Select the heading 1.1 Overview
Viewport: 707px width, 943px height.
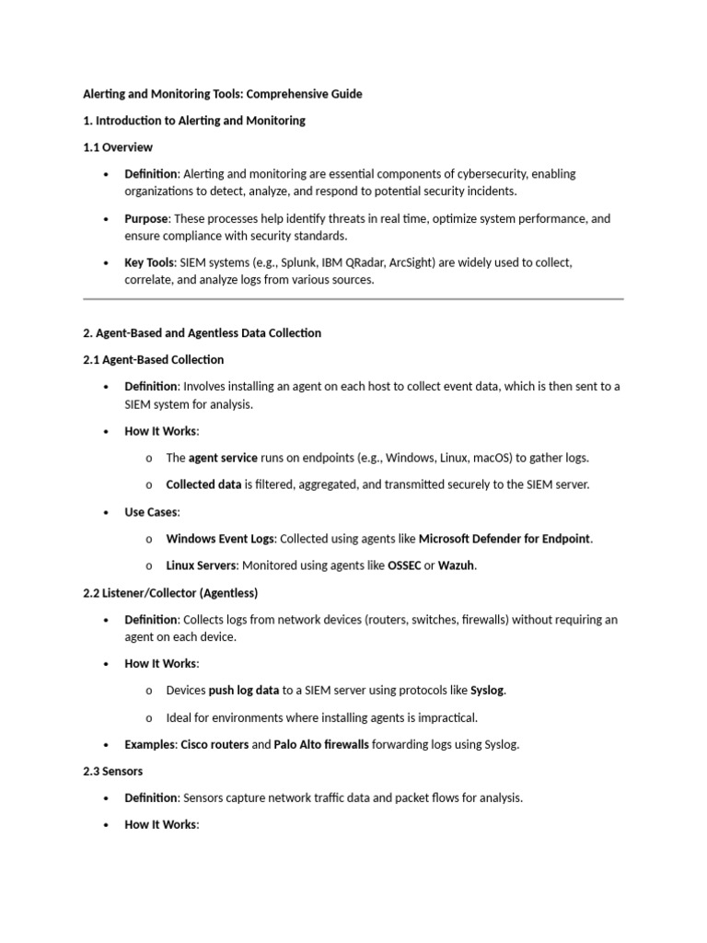tap(118, 147)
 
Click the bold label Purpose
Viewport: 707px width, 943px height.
tap(146, 219)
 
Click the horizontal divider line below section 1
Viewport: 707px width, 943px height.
tap(353, 298)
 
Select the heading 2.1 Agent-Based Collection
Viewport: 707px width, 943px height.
tap(153, 359)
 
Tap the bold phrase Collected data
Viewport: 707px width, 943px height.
tap(203, 484)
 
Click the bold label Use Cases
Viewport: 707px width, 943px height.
tap(151, 512)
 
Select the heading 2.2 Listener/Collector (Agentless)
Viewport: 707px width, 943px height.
tap(170, 592)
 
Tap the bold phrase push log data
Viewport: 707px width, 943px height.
tap(244, 690)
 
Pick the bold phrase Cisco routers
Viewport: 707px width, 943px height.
tap(214, 744)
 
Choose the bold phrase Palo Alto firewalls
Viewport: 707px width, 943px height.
tap(321, 744)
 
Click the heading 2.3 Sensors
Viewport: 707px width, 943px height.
tap(112, 771)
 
